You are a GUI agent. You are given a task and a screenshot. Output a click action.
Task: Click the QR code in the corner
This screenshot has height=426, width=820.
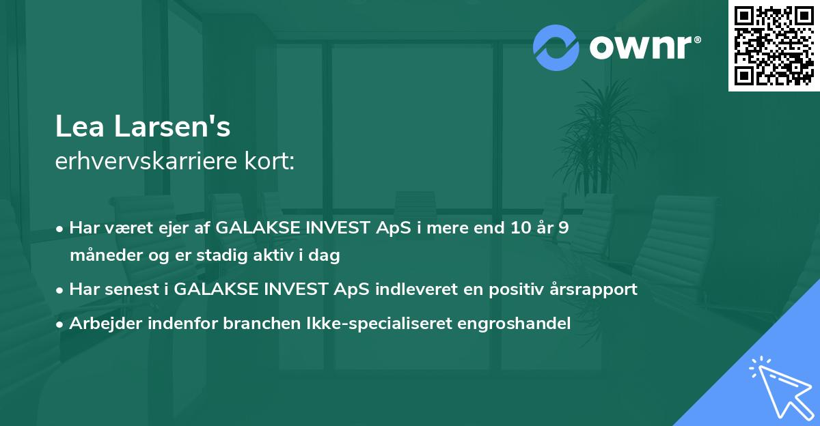(774, 45)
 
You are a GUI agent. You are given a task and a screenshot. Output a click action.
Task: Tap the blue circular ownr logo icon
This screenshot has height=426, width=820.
(556, 46)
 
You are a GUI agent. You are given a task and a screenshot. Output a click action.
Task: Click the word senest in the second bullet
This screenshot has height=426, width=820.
(135, 289)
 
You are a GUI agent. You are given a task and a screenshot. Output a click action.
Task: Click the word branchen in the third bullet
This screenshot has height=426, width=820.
(257, 324)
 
